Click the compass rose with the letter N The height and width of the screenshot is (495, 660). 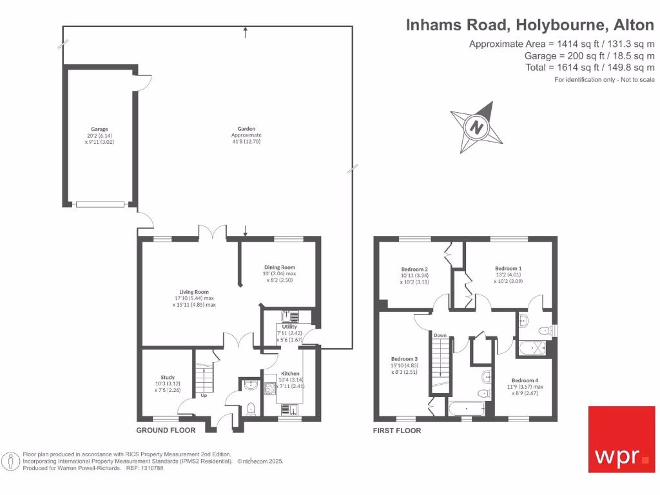point(476,127)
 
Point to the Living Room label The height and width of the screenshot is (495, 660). point(193,292)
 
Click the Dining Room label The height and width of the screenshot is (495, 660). point(280,267)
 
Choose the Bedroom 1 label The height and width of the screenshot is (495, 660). point(509,268)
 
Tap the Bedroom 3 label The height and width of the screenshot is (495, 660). point(405,359)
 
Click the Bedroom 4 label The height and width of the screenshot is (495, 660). point(524,380)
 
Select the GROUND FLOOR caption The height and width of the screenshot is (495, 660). point(166,430)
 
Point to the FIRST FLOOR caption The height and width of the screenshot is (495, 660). point(397,430)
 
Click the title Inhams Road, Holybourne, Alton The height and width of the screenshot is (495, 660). point(530,25)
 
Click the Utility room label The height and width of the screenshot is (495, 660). point(289,327)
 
